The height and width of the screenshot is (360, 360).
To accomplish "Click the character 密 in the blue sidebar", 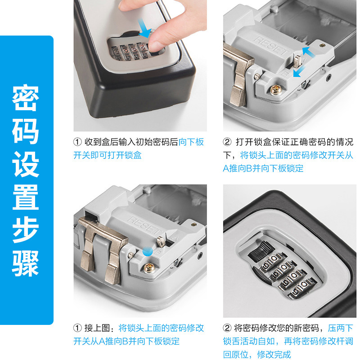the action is point(26,98).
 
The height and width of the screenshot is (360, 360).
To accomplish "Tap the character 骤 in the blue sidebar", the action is point(26,263).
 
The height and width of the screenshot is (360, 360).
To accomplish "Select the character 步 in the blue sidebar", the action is point(26,230).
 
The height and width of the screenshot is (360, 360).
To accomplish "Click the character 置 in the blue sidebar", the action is point(26,197).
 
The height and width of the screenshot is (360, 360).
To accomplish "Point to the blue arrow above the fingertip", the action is point(144,28).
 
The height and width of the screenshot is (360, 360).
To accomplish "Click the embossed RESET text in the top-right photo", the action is point(271,46).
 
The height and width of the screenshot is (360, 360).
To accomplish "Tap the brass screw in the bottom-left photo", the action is point(149,268).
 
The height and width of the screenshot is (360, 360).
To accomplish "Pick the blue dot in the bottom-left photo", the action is point(148,252).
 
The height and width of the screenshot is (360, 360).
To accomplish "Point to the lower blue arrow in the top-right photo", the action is point(299,71).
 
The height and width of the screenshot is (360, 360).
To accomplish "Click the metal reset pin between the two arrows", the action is point(297,61).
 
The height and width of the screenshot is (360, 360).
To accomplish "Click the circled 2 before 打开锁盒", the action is point(227,142).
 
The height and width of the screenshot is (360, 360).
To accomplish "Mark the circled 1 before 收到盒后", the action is point(77,142).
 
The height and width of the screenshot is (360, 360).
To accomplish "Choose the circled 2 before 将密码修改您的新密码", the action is point(227,328).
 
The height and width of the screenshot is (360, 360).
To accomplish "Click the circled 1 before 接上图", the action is point(77,328).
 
